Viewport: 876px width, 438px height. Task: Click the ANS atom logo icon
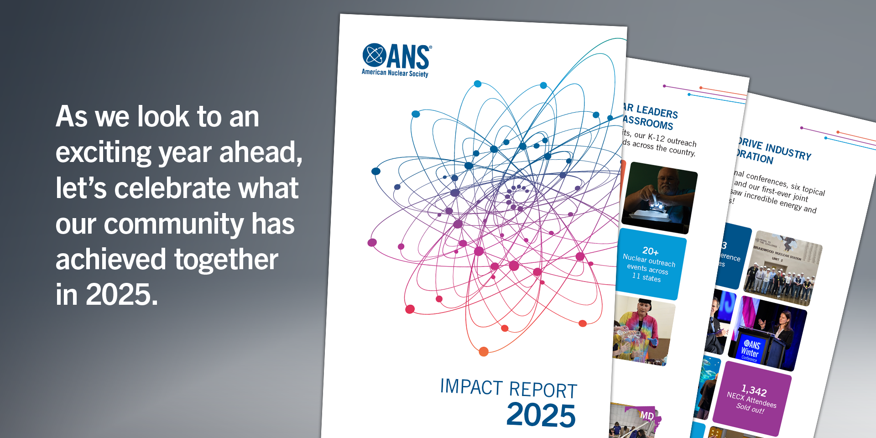[x=374, y=55]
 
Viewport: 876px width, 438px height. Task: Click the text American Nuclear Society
[x=395, y=73]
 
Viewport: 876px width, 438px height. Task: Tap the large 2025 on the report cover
[x=541, y=415]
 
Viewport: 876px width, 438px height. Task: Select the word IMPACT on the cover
[x=471, y=387]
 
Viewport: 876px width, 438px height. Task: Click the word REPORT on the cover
[x=543, y=391]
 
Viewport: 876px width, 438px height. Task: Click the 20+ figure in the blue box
[x=650, y=251]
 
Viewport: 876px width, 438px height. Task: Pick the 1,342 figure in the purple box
[x=754, y=391]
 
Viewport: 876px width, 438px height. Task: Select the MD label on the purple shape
[x=647, y=416]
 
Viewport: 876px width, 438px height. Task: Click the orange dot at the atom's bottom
[x=484, y=351]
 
